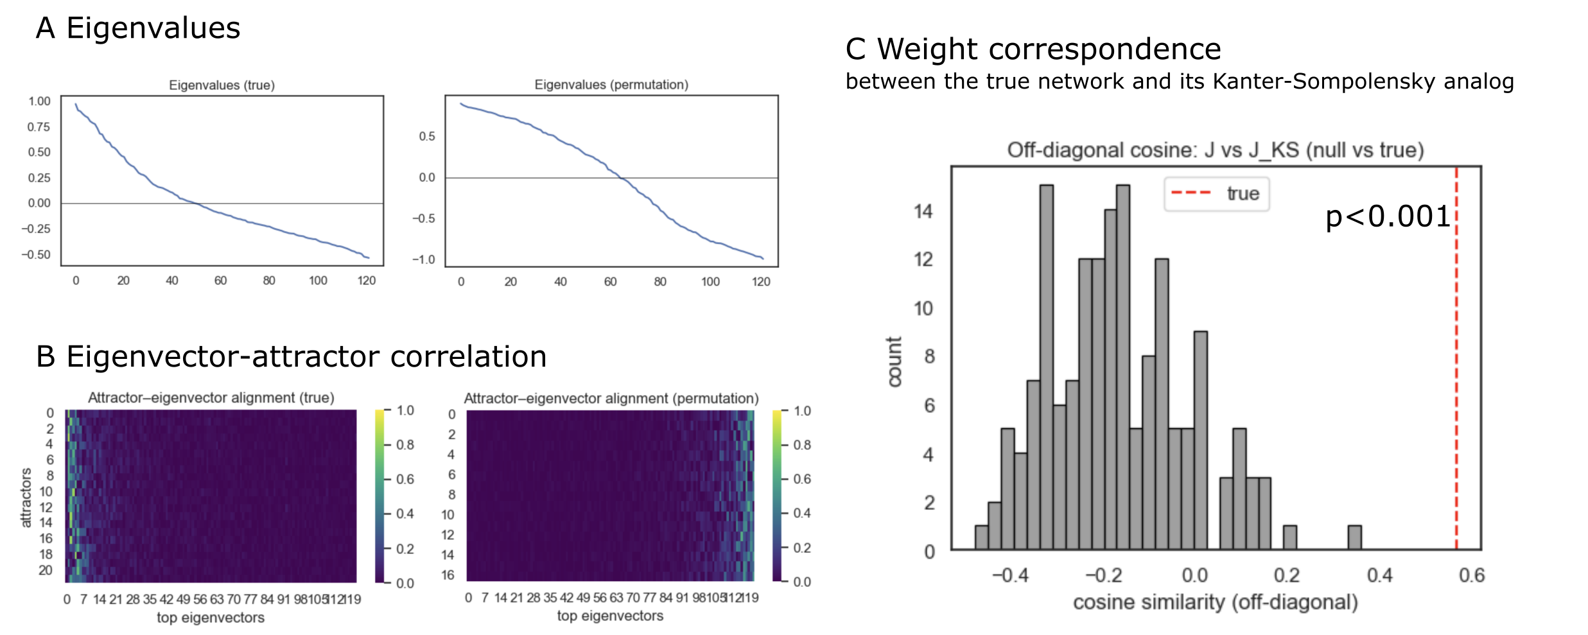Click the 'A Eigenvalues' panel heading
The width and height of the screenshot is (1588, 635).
137,28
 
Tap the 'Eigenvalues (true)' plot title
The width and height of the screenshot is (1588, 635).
222,85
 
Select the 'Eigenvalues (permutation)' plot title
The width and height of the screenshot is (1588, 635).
611,85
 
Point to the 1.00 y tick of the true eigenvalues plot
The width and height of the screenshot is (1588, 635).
39,101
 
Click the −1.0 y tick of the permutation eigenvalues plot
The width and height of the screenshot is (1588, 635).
423,259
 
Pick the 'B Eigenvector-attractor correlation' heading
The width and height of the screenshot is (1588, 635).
291,356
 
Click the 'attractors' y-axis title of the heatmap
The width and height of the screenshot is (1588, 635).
26,498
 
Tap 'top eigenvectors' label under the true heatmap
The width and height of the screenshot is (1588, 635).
211,618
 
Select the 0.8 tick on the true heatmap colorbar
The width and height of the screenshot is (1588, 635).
405,445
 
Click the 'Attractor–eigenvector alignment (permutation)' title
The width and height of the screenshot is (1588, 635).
611,398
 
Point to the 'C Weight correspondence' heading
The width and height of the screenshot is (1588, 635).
1033,49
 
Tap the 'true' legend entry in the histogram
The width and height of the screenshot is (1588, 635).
1242,193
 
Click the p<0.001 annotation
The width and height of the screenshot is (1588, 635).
1387,217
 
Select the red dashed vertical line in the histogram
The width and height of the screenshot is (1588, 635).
1456,385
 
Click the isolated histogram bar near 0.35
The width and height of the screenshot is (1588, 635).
1354,538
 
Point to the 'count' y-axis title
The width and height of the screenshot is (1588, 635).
894,361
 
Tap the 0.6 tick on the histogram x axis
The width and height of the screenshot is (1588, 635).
1471,575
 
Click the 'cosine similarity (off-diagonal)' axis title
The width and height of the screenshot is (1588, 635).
1215,602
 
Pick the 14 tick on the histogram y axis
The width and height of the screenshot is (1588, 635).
923,211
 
